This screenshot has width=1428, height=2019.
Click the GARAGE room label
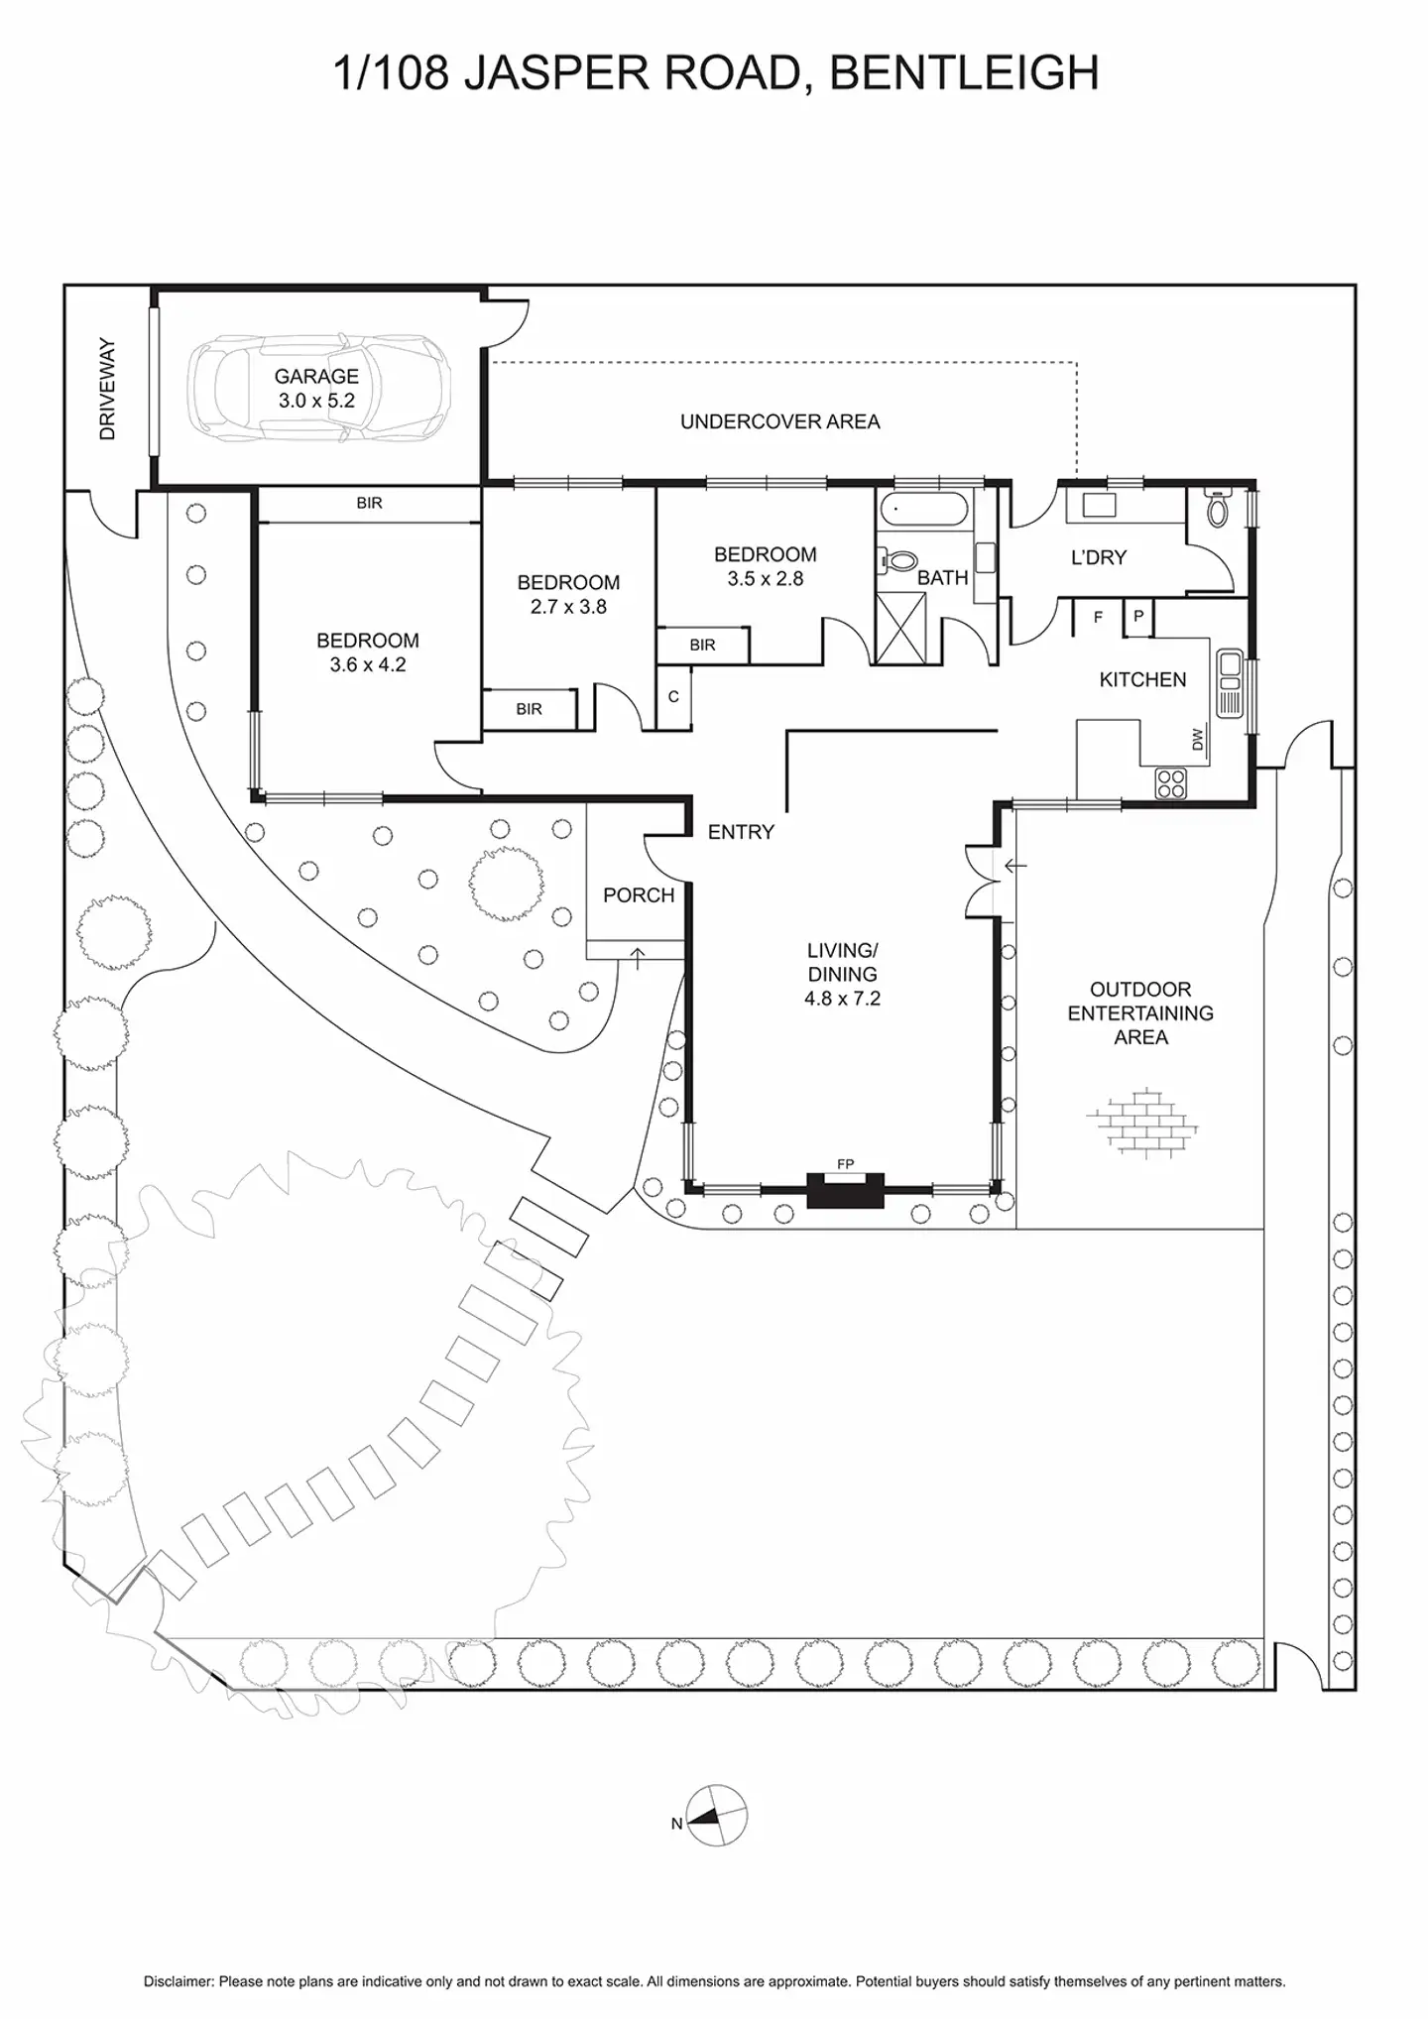pyautogui.click(x=316, y=377)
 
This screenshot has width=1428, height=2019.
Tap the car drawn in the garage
pyautogui.click(x=319, y=388)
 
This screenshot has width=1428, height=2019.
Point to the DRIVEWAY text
pyautogui.click(x=108, y=389)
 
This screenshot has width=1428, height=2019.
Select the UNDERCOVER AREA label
pyautogui.click(x=780, y=421)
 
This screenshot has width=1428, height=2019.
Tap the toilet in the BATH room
pyautogui.click(x=898, y=561)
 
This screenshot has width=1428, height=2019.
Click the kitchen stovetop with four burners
pyautogui.click(x=1171, y=783)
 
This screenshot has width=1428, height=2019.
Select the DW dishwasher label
pyautogui.click(x=1197, y=739)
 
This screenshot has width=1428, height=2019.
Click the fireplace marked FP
pyautogui.click(x=845, y=1189)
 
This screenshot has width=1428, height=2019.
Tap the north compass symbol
pyautogui.click(x=716, y=1816)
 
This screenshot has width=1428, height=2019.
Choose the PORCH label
pyautogui.click(x=639, y=895)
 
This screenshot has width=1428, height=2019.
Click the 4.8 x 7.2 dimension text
pyautogui.click(x=842, y=999)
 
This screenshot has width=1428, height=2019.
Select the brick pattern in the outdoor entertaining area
pyautogui.click(x=1141, y=1123)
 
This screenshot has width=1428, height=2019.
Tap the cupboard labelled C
pyautogui.click(x=674, y=696)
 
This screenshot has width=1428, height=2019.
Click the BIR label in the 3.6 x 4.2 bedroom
pyautogui.click(x=369, y=504)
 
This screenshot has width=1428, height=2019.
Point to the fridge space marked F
pyautogui.click(x=1098, y=617)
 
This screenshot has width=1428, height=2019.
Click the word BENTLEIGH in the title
pyautogui.click(x=964, y=73)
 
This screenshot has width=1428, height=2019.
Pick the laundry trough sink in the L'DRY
pyautogui.click(x=1099, y=506)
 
